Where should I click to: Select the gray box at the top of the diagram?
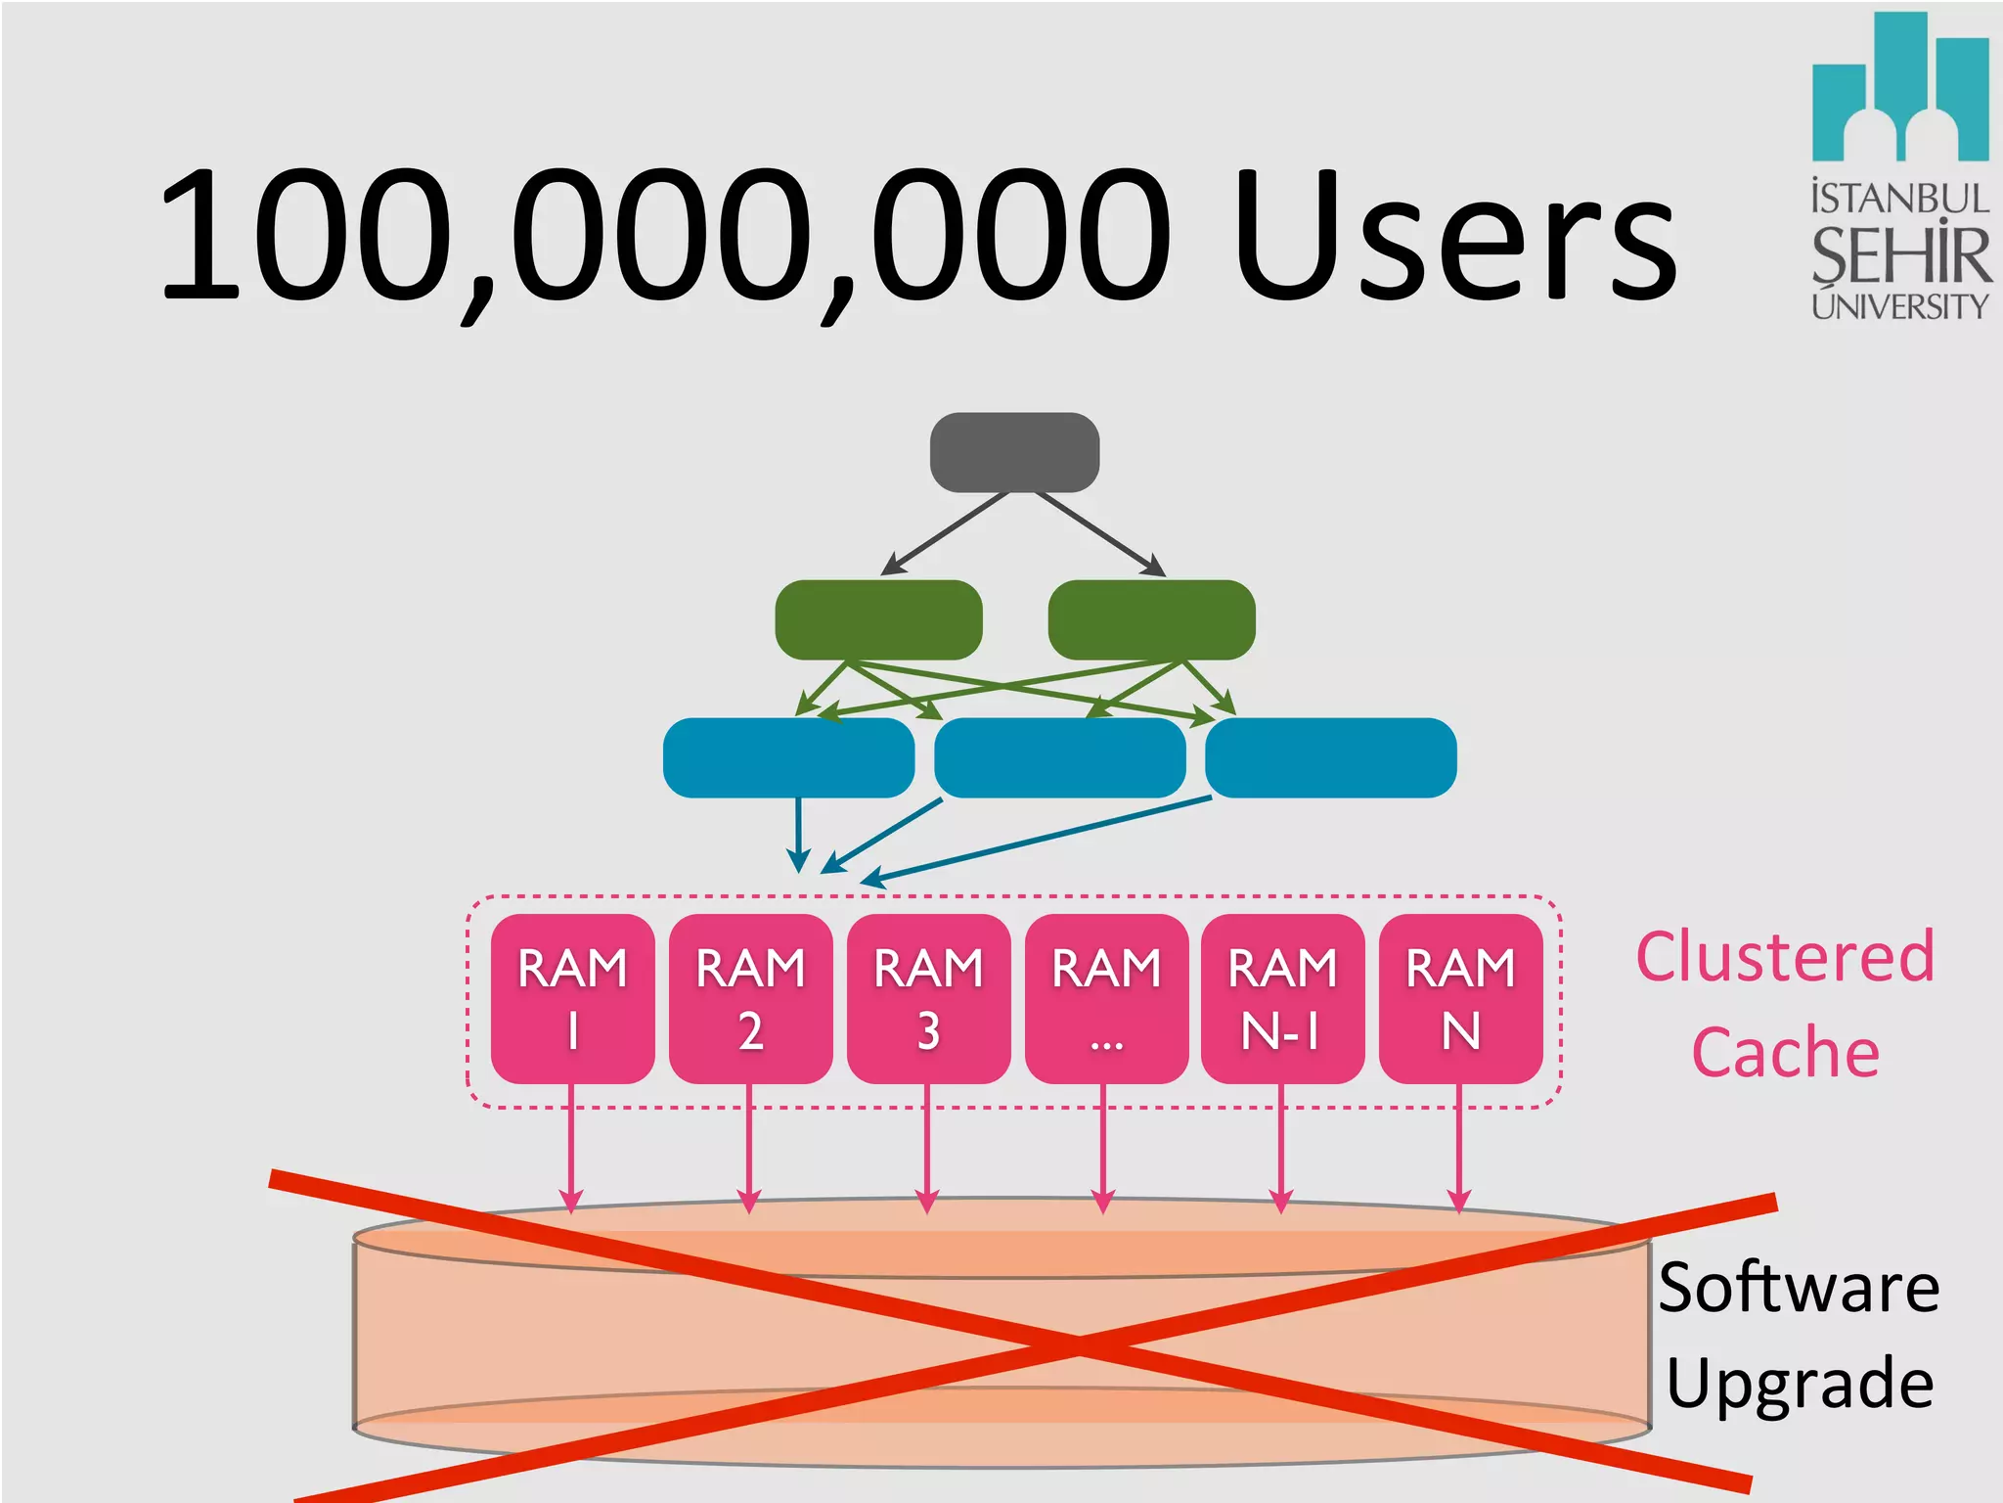[x=1014, y=452]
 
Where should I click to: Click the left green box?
[x=878, y=619]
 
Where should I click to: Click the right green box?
[x=1151, y=619]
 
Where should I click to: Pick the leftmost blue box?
[x=788, y=757]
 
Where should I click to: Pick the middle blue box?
[x=1060, y=757]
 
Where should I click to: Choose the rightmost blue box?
[x=1330, y=757]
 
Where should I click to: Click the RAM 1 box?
[x=572, y=998]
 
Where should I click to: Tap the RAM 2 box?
[x=750, y=998]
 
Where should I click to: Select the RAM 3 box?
[x=928, y=998]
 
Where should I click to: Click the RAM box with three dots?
[x=1106, y=998]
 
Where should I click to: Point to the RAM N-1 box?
[x=1282, y=998]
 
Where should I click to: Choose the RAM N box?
[x=1460, y=998]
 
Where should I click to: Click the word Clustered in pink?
[x=1785, y=956]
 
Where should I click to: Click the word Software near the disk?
[x=1799, y=1287]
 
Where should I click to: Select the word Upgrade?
[x=1799, y=1383]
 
